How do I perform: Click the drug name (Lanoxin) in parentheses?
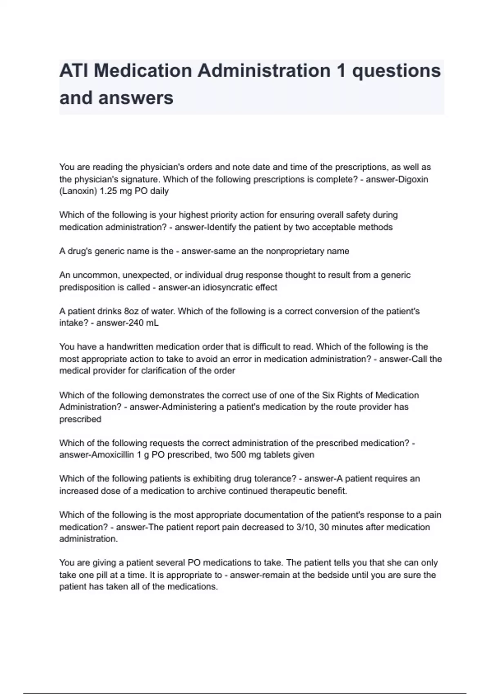coord(78,191)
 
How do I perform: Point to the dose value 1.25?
coord(109,191)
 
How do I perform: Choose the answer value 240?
coord(136,323)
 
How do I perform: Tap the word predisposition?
coord(87,287)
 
